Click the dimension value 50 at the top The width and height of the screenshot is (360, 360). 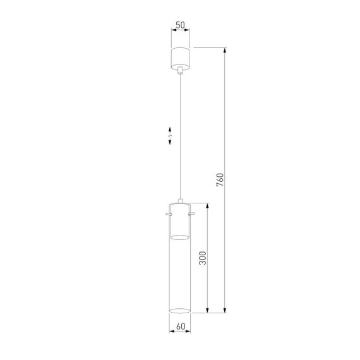(x=180, y=25)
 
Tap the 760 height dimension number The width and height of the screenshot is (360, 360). (x=219, y=179)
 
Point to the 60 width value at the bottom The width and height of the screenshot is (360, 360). (x=180, y=327)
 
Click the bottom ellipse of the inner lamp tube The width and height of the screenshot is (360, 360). (x=181, y=237)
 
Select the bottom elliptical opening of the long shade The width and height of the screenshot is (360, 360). (x=181, y=310)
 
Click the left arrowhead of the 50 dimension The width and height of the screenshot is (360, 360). (x=172, y=32)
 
